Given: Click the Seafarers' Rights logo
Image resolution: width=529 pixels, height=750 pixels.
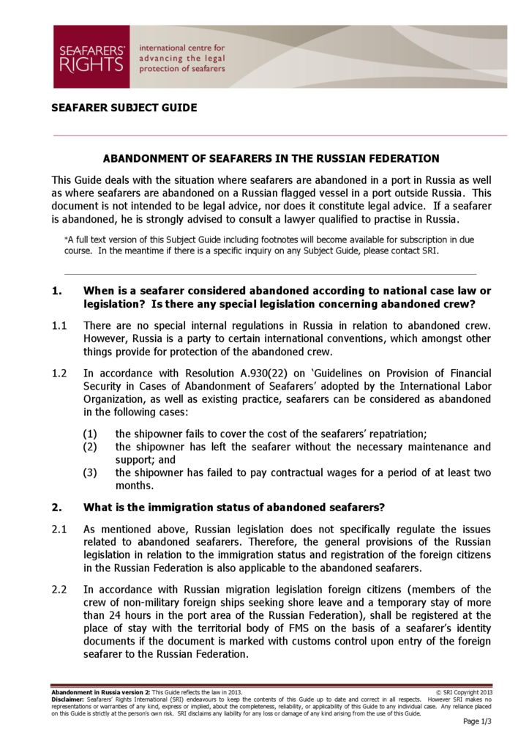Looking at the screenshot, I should click(x=91, y=56).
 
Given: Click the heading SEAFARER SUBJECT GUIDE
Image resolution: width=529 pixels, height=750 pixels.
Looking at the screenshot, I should click(x=124, y=108).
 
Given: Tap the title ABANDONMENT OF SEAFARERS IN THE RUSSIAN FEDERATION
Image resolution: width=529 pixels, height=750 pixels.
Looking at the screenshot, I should click(x=271, y=158).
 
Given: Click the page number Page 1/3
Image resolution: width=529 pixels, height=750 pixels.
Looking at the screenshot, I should click(x=477, y=721).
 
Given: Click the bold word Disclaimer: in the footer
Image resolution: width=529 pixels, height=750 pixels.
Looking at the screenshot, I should click(x=67, y=699).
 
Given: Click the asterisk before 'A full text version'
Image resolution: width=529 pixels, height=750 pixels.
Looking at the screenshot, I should click(x=67, y=240).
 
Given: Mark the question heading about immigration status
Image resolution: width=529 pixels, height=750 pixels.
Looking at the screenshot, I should click(x=234, y=508).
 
